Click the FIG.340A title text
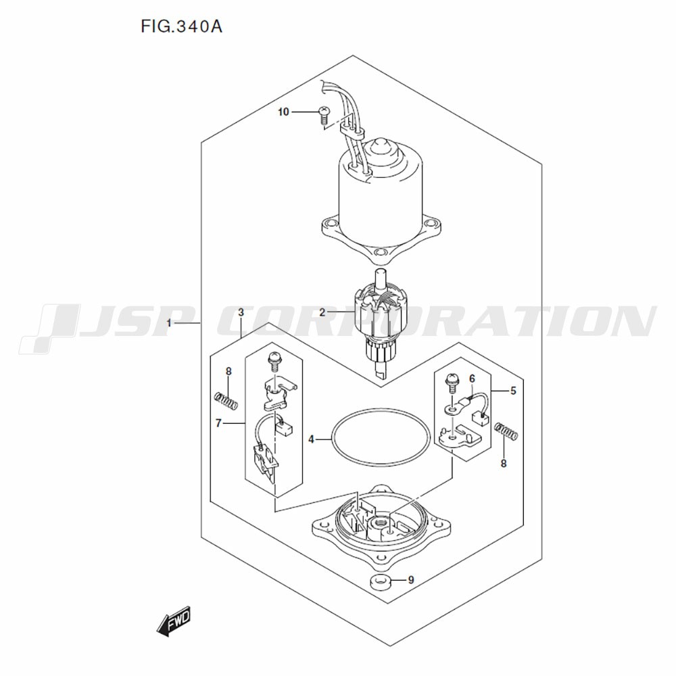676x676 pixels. pos(181,27)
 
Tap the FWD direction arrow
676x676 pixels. pos(173,622)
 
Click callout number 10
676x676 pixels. pos(283,112)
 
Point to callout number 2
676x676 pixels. pos(322,312)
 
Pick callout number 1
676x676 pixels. pos(169,323)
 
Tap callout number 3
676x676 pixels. pos(241,312)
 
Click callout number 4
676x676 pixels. pos(311,440)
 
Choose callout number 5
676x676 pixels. pos(513,391)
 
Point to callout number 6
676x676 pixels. pos(473,379)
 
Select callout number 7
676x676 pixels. pos(218,423)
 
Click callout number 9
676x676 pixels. pos(411,580)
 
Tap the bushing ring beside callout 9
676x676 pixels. pos(380,583)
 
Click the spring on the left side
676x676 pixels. pos(226,400)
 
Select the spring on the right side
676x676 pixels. pos(506,431)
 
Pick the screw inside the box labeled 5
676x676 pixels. pos(452,383)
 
